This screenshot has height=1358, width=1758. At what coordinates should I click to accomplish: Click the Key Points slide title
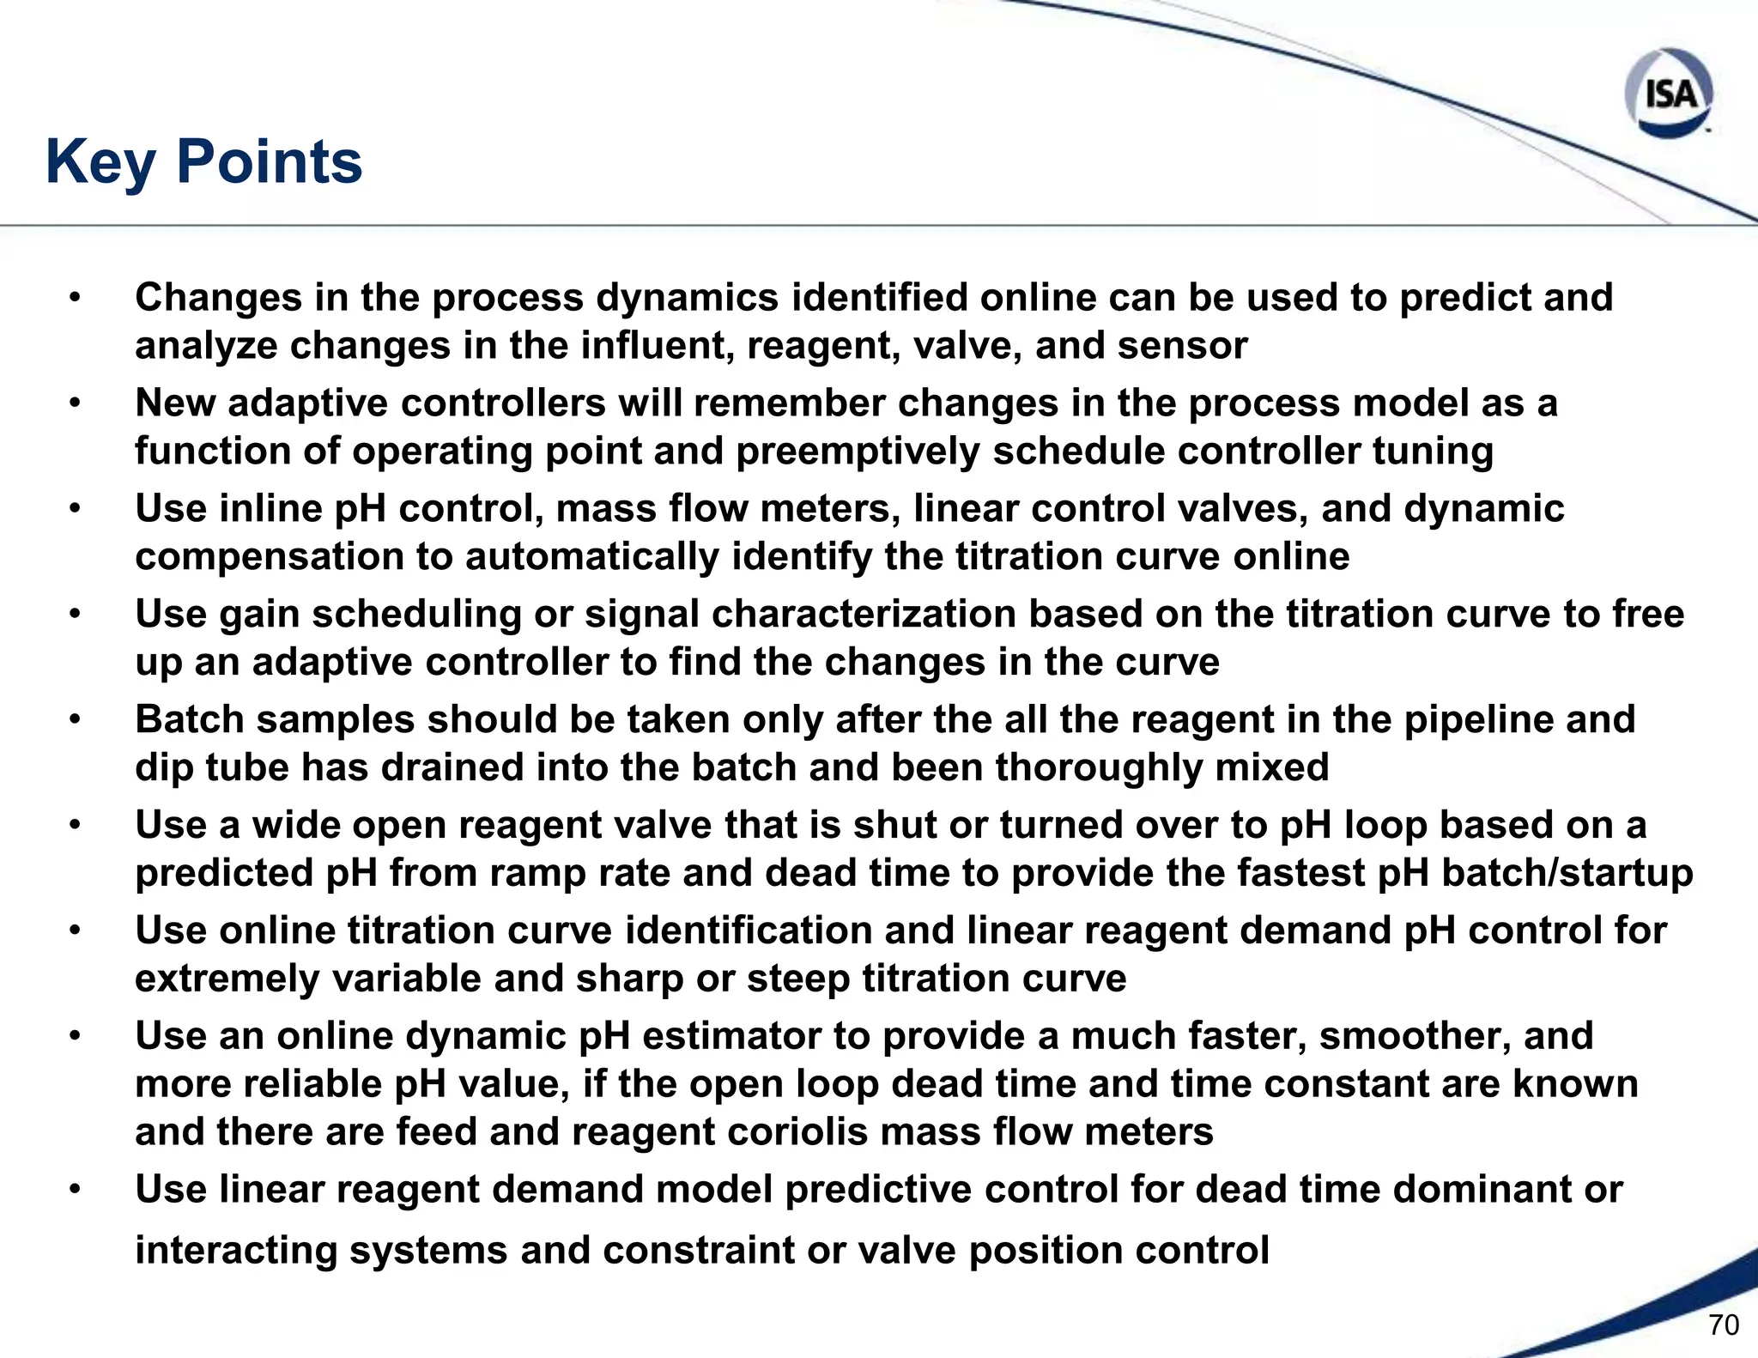(x=204, y=162)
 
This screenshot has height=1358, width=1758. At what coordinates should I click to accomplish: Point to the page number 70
(x=1724, y=1325)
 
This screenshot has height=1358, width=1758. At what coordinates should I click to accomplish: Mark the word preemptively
(x=858, y=452)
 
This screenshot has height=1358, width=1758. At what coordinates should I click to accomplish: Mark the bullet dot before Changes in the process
(x=76, y=298)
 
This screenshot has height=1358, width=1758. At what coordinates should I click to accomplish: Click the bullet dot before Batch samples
(x=76, y=720)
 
